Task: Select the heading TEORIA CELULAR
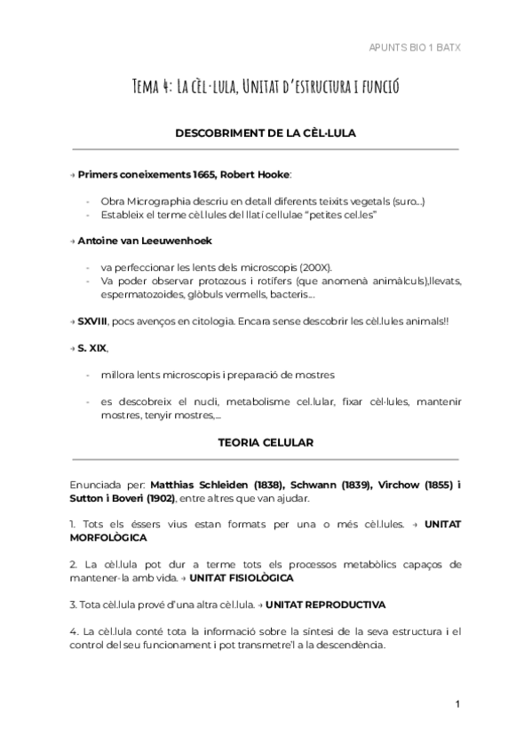(x=266, y=441)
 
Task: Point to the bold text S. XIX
(x=91, y=347)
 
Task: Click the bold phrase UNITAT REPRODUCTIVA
(x=325, y=605)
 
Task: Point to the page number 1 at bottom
(x=457, y=704)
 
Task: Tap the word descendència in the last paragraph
(x=350, y=646)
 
